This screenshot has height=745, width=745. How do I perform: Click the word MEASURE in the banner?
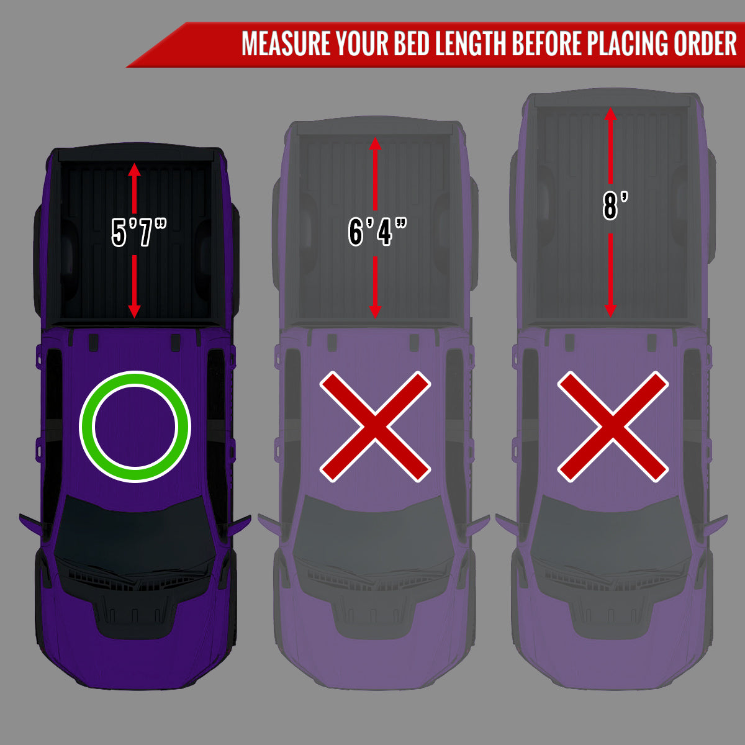pyautogui.click(x=286, y=43)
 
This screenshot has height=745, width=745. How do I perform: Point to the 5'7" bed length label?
pyautogui.click(x=138, y=232)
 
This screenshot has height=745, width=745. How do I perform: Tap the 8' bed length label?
pyautogui.click(x=615, y=205)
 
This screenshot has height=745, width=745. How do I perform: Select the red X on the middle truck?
pyautogui.click(x=375, y=427)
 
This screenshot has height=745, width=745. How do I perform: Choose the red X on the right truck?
pyautogui.click(x=613, y=427)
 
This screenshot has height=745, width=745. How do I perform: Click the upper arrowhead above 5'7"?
pyautogui.click(x=134, y=169)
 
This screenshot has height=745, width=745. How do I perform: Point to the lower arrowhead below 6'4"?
pyautogui.click(x=375, y=312)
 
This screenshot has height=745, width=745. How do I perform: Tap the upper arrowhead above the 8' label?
pyautogui.click(x=610, y=114)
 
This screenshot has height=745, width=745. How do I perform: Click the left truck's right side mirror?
pyautogui.click(x=238, y=525)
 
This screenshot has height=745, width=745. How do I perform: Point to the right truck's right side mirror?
pyautogui.click(x=716, y=525)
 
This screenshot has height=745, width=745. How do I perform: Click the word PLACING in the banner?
pyautogui.click(x=628, y=43)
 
